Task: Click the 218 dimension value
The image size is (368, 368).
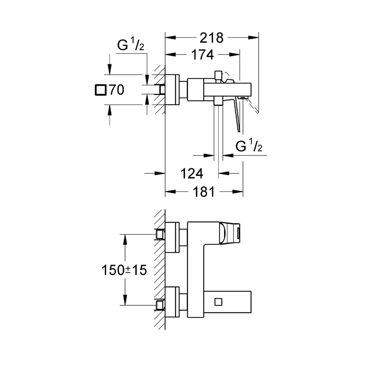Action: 211,38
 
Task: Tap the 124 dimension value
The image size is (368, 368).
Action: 192,174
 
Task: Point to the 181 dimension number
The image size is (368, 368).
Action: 204,192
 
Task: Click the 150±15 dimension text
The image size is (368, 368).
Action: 124,270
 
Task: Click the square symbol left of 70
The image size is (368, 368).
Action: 101,90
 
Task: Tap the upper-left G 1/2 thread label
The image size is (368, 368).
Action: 131,45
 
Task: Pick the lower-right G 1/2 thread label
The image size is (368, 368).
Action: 249,147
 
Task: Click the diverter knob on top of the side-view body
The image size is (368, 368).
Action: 218,75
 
